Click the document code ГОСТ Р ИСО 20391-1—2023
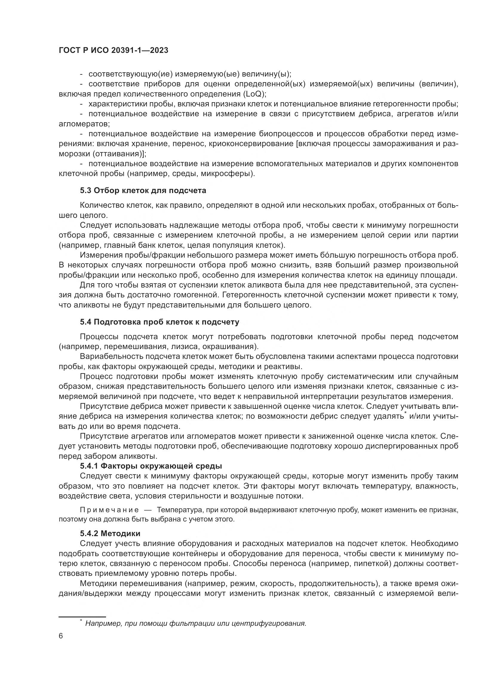coord(113,51)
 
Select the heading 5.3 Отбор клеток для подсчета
coord(143,191)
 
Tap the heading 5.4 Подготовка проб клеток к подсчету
coord(159,322)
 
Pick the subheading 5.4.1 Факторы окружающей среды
coord(151,466)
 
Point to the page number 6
coord(61,645)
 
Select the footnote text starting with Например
coord(195,623)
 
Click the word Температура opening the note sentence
coord(177,510)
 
